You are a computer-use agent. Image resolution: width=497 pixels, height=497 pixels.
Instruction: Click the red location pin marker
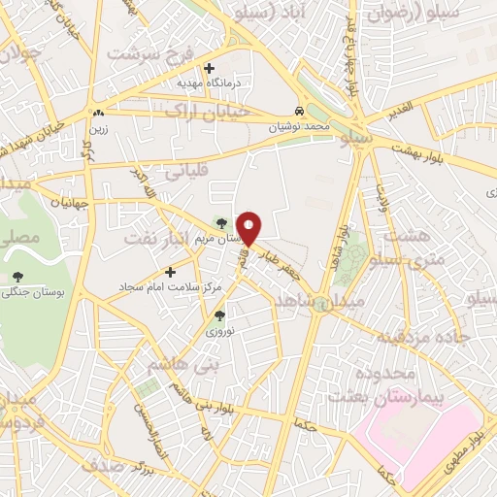click(x=249, y=226)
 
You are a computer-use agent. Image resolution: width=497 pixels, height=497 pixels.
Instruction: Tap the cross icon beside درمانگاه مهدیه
click(x=209, y=68)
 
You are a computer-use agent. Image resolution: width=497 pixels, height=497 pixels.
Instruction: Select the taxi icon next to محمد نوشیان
click(x=300, y=111)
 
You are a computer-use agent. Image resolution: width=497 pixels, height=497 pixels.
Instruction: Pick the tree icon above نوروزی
click(x=218, y=315)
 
